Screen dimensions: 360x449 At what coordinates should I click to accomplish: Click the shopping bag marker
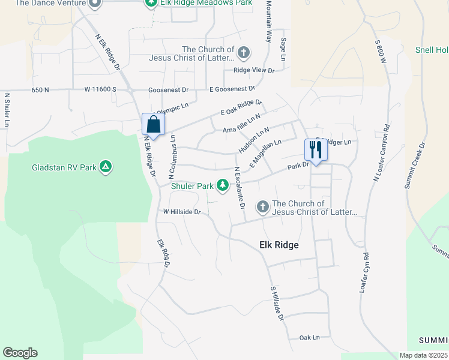(x=154, y=125)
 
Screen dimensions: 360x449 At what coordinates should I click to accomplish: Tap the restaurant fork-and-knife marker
(x=316, y=150)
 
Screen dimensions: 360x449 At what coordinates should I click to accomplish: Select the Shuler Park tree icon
(x=223, y=185)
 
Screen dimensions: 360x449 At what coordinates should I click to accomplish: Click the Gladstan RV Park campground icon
(x=106, y=167)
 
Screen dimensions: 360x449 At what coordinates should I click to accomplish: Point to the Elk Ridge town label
(x=279, y=245)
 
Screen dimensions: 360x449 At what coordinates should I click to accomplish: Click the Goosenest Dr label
(x=169, y=90)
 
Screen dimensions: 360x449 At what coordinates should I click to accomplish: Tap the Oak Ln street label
(x=310, y=338)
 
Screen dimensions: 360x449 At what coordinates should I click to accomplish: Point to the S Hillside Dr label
(x=276, y=303)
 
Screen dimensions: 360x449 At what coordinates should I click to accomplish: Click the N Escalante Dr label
(x=240, y=188)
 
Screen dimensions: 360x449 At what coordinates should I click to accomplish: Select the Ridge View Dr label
(x=253, y=70)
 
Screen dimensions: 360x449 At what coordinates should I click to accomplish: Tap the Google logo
(x=20, y=353)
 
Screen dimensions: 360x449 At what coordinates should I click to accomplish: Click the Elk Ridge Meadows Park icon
(x=151, y=3)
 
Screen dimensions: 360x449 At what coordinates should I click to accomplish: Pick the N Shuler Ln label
(x=7, y=109)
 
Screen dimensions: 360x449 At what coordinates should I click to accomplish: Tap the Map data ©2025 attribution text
(x=423, y=355)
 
